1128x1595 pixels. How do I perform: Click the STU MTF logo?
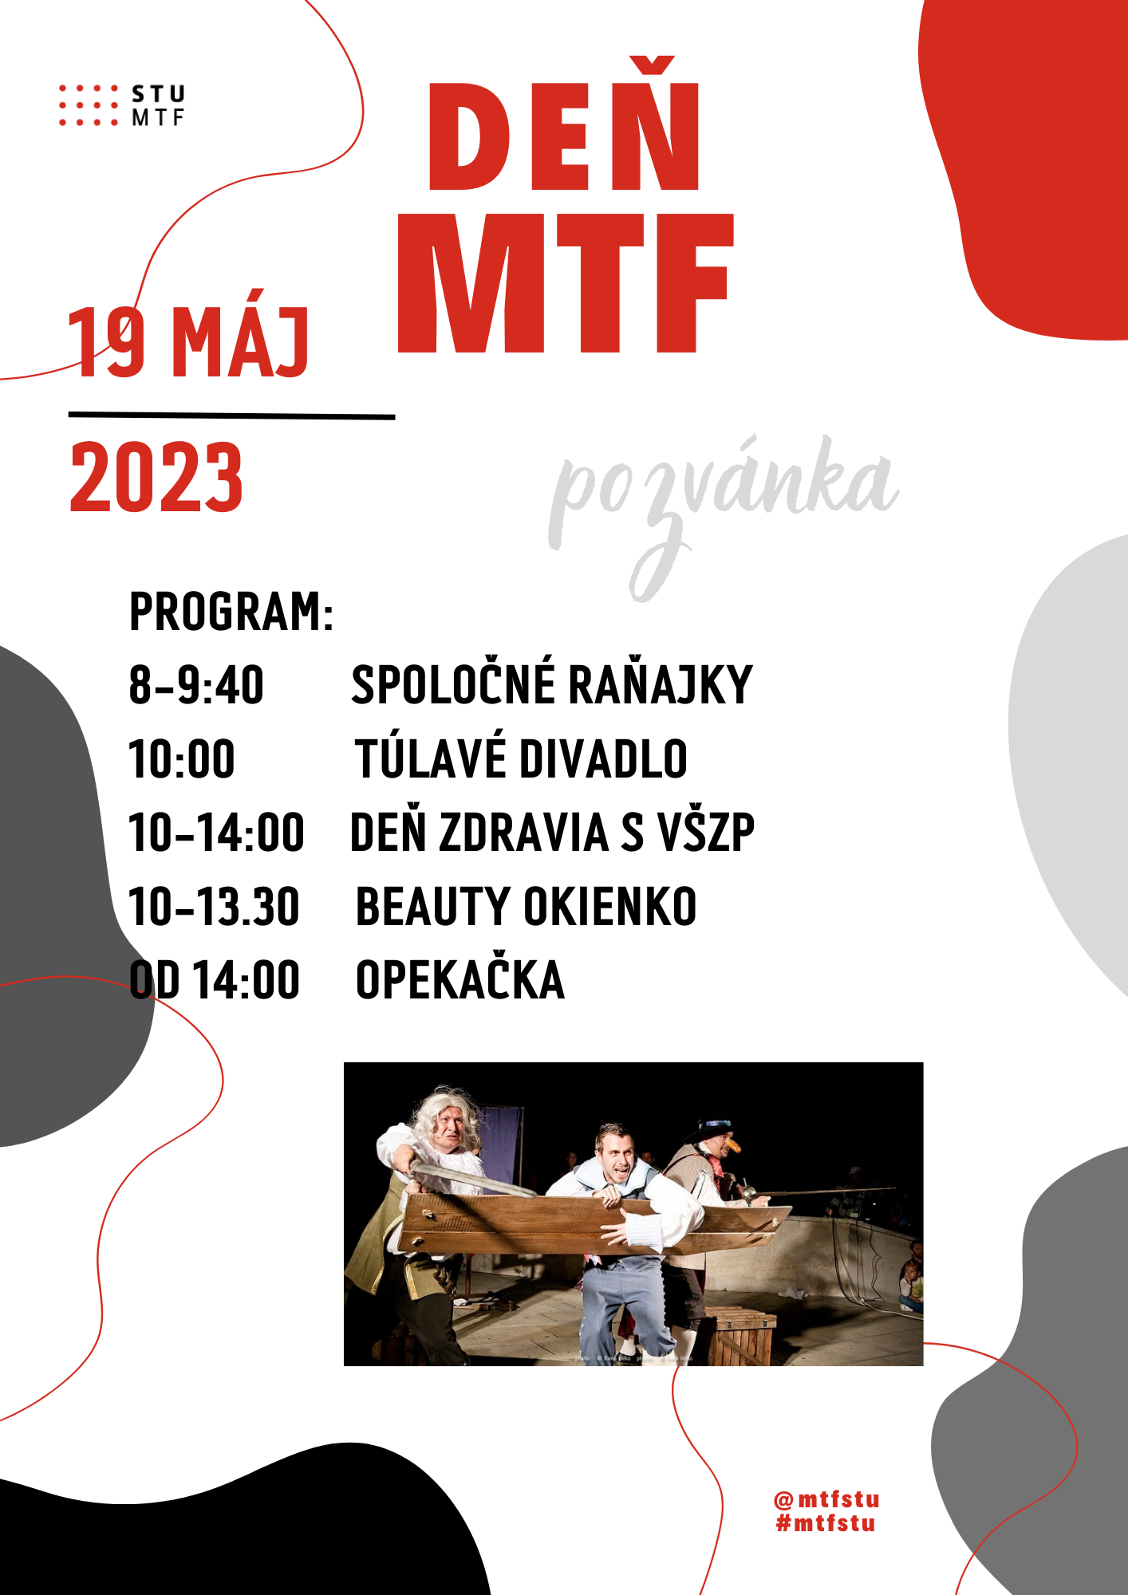[121, 105]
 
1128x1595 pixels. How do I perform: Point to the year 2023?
[156, 477]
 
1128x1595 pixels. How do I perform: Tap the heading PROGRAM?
[231, 612]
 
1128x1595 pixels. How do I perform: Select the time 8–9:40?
[196, 685]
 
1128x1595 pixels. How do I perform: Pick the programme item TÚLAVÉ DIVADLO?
[521, 758]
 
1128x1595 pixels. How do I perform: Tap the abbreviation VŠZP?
[705, 832]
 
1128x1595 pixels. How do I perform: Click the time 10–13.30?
[214, 907]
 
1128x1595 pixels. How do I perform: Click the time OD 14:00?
[215, 979]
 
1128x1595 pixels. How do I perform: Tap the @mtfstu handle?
[826, 1499]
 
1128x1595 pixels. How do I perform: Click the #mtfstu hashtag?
[826, 1523]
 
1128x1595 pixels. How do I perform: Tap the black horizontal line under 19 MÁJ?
[231, 415]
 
